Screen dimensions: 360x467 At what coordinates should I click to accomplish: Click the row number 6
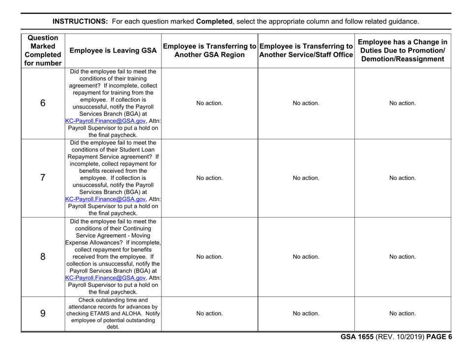42,104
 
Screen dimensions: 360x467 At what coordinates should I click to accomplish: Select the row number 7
42,178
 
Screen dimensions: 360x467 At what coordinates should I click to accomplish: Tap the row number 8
42,256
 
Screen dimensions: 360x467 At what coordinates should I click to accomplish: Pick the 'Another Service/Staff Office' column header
306,54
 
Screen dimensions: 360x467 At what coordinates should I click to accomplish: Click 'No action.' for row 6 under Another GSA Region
210,104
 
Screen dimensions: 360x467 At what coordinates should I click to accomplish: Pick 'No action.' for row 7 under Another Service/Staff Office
306,178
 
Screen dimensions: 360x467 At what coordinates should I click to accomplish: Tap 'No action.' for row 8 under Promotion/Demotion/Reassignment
403,256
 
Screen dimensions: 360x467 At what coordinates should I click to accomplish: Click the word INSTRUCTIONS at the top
80,22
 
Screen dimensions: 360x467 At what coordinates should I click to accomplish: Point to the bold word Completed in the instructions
214,22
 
